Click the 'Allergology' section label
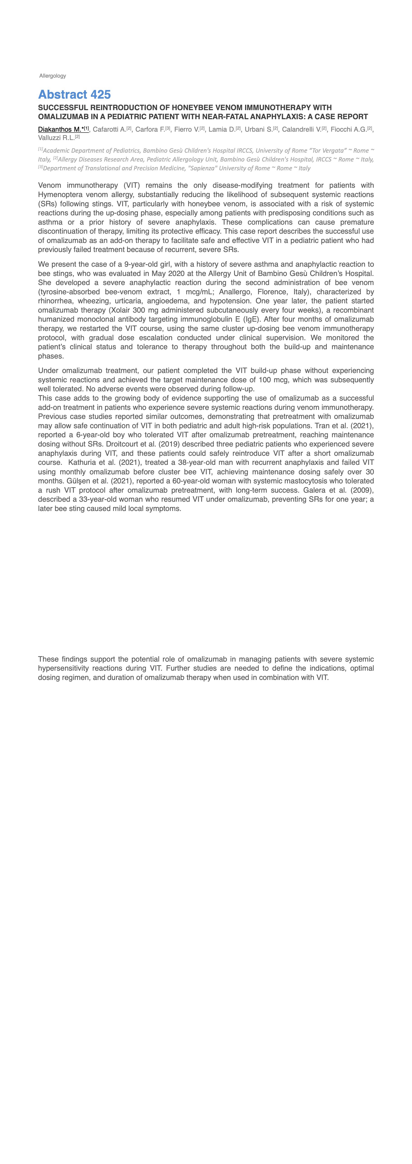point(53,76)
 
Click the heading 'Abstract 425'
point(74,95)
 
